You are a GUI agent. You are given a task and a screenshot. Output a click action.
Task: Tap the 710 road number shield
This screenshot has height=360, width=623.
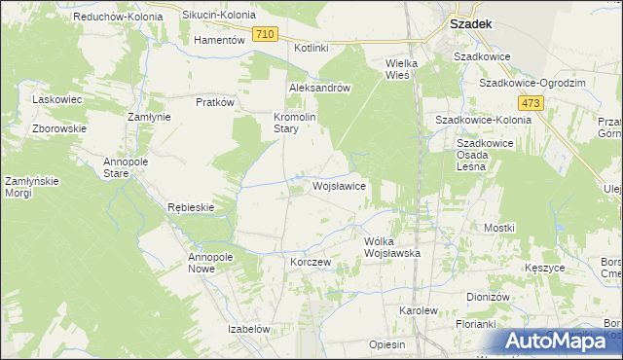point(265,34)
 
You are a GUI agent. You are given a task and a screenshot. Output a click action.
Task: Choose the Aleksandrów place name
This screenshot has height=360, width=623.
point(319,87)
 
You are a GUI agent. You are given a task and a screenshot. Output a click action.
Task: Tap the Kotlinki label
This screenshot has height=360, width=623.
point(311,48)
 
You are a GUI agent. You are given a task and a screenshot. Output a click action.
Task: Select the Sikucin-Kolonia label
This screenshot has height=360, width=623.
point(219,17)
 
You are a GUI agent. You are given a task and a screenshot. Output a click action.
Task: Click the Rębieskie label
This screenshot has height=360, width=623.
point(190,207)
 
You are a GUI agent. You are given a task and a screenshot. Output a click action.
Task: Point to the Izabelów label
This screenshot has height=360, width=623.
point(248,329)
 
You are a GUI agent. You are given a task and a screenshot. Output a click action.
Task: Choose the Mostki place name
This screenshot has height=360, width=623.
point(499,227)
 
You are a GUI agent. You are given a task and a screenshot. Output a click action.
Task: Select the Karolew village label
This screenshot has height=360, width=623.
point(419,309)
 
